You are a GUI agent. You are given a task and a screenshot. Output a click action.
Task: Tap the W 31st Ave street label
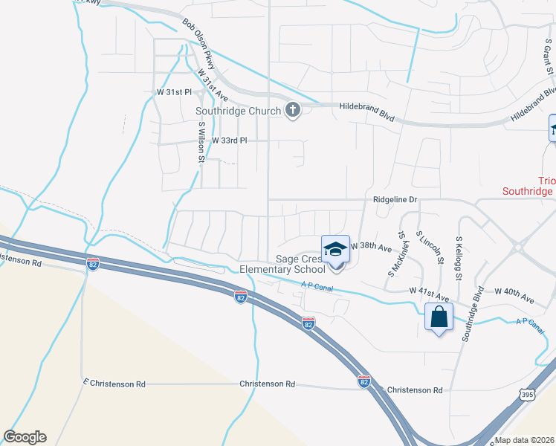213,83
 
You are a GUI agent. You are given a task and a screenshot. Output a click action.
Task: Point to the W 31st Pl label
174,92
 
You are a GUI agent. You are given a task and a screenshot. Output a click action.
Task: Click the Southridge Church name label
239,111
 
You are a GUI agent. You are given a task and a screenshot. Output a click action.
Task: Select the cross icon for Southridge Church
293,111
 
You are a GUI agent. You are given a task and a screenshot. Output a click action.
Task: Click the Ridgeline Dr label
396,200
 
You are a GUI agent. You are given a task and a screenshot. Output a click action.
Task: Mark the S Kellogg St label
459,260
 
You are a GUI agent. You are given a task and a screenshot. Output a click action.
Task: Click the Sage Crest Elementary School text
282,265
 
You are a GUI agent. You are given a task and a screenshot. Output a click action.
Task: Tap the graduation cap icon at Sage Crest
335,249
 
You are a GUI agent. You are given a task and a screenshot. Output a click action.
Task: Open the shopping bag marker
439,317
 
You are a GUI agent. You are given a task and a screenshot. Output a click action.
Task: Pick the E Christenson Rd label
114,384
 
